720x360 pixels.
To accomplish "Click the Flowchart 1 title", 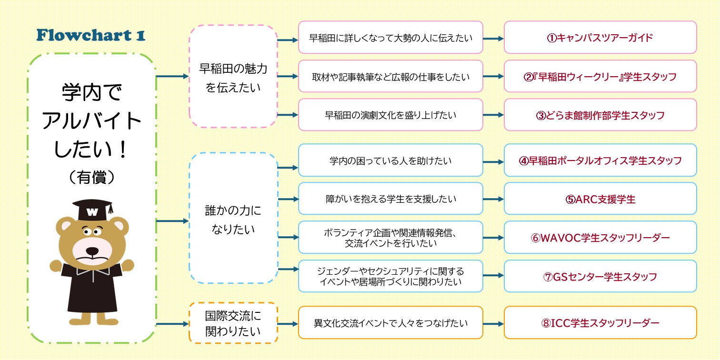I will (90, 35).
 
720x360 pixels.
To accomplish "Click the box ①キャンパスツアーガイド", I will (600, 38).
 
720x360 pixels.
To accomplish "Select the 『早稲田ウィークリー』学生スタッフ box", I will (600, 76).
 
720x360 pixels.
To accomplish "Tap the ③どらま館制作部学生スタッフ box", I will (600, 115).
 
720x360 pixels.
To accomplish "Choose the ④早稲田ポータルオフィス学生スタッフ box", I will (600, 160).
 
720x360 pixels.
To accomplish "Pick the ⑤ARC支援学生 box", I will (600, 199).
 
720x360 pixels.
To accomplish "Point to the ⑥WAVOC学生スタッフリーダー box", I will (600, 238).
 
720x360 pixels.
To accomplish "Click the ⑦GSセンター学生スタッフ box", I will (600, 276).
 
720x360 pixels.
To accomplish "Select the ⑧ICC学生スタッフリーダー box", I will (600, 323).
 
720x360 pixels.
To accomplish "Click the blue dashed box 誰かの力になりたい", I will (233, 219).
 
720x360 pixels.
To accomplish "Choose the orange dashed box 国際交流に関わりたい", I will (233, 323).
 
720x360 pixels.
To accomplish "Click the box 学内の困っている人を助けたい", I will (390, 160).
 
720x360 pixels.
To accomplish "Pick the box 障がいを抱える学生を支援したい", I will (390, 199).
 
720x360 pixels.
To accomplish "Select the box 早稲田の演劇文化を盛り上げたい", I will (390, 115).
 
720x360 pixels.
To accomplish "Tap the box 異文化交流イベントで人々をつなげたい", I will (390, 323).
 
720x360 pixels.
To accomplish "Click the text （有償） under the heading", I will (91, 177).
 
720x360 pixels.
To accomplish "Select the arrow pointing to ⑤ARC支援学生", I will (493, 199).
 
